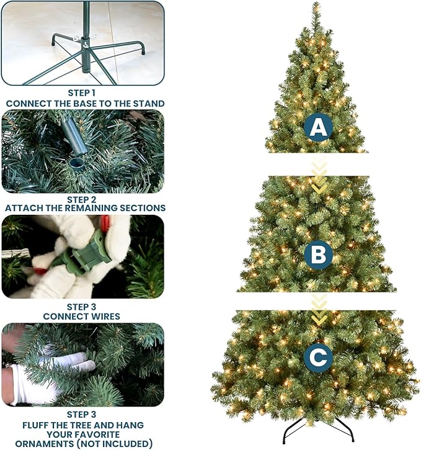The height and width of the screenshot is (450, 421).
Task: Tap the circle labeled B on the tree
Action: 318,255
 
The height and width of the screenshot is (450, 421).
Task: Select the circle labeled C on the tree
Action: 318,358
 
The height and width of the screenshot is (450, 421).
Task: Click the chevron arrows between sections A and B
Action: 319,177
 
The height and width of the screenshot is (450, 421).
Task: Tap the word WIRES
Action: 105,316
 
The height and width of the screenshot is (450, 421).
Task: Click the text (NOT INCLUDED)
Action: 116,443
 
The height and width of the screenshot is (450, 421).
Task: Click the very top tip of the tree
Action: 317,5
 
